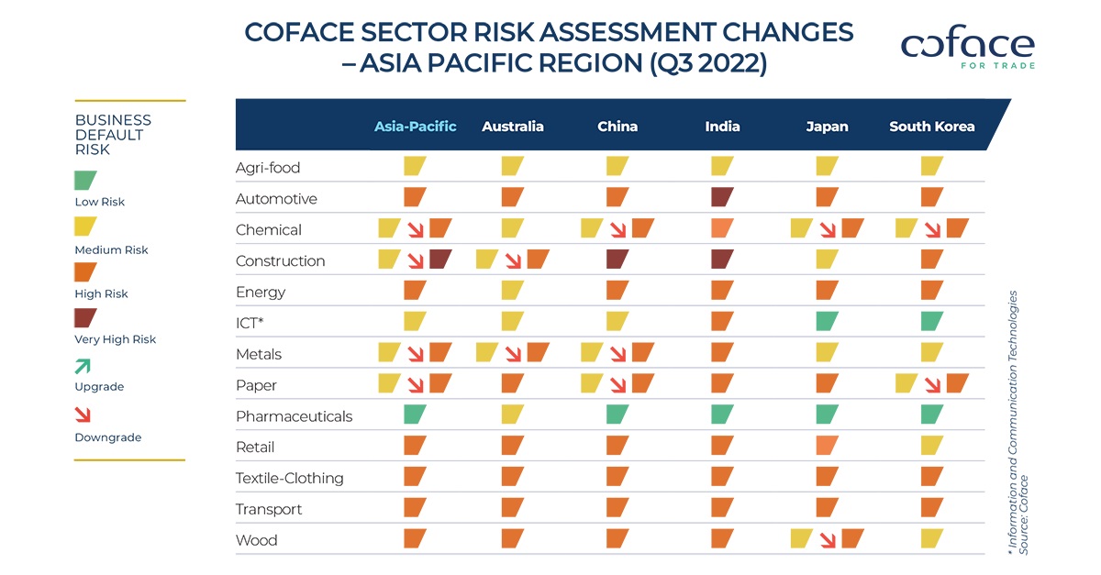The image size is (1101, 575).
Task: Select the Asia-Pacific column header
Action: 415,127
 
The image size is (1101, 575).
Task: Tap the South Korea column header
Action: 931,127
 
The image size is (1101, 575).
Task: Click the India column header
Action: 722,127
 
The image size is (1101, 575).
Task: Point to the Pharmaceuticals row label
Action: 294,416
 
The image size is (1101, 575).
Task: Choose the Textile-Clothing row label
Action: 289,479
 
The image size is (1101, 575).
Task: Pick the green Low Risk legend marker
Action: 86,180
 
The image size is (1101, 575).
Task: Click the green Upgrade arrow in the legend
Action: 83,367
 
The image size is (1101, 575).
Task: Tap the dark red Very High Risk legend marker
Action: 86,318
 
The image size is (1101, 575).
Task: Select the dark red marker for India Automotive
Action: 722,197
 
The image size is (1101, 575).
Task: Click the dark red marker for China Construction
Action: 617,260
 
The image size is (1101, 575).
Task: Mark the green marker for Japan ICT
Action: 827,322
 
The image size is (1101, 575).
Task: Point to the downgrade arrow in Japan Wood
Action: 827,540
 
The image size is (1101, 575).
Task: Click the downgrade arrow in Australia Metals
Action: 512,354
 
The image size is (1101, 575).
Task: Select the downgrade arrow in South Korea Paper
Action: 931,385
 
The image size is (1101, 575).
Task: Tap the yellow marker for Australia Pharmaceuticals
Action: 512,415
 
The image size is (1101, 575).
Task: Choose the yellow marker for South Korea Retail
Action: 931,447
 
